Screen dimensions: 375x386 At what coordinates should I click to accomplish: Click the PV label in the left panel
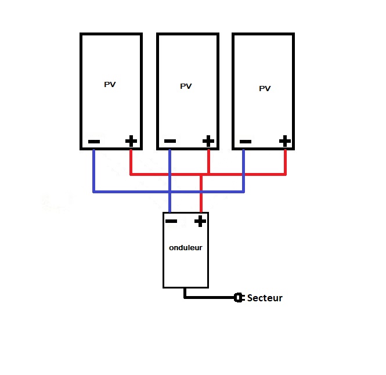pos(110,85)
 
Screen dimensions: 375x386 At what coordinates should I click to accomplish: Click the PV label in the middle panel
pos(186,86)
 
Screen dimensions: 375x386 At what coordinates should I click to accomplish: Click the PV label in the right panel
pos(265,89)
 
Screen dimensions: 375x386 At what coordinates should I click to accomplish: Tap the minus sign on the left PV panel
pos(94,142)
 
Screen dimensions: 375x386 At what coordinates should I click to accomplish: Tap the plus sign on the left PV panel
pos(131,141)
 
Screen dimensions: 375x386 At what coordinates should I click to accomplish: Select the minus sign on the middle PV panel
pos(170,141)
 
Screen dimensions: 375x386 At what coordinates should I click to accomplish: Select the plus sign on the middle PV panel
pos(208,141)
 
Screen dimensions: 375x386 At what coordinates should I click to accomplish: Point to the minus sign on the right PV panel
pos(245,141)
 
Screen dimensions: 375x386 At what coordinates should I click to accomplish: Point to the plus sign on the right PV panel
pos(284,141)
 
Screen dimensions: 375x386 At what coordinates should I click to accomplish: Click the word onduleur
pos(186,247)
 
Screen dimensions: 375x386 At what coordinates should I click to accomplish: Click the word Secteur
pos(265,298)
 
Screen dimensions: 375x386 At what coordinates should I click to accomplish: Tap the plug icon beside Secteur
pos(238,298)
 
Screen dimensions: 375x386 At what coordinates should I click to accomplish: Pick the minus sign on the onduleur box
pos(171,221)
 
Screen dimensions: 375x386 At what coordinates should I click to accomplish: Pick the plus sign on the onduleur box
pos(200,221)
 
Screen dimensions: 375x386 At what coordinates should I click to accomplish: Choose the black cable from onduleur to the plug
pos(209,297)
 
